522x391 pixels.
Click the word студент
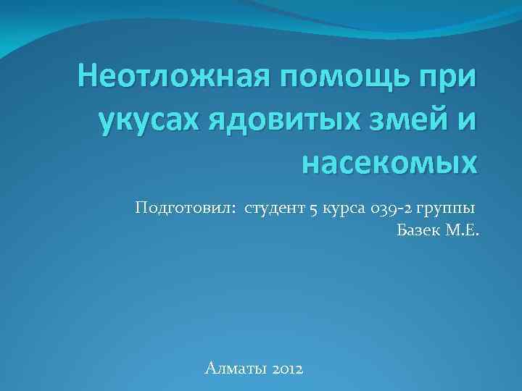pyautogui.click(x=275, y=210)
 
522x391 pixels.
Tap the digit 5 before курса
pyautogui.click(x=313, y=210)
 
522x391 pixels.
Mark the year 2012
pyautogui.click(x=289, y=369)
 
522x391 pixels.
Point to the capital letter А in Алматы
pyautogui.click(x=210, y=369)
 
